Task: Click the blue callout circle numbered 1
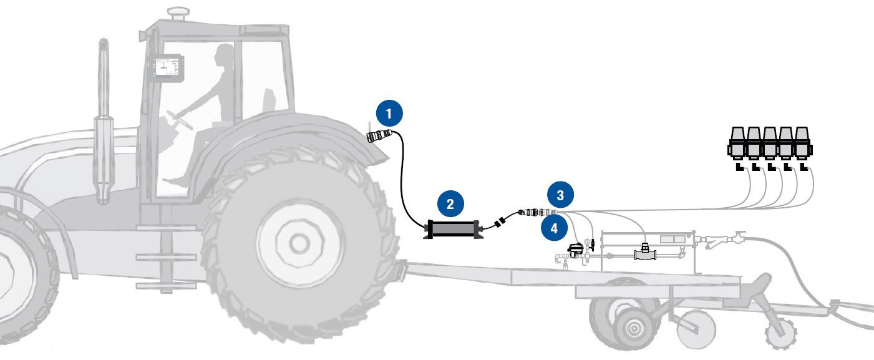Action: click(x=389, y=113)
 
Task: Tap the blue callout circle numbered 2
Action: click(x=450, y=203)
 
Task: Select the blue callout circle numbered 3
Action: click(x=560, y=195)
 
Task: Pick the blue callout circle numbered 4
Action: click(x=554, y=228)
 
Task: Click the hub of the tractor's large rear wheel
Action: click(x=299, y=243)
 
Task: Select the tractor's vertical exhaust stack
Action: click(x=104, y=121)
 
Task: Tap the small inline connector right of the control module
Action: click(x=500, y=222)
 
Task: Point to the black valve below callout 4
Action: click(x=575, y=250)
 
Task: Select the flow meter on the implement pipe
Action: click(x=645, y=252)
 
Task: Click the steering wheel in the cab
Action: click(x=180, y=120)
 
